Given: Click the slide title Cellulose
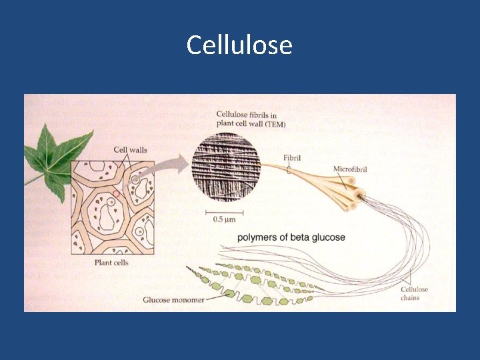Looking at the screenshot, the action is pyautogui.click(x=239, y=45).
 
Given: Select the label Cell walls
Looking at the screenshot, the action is pyautogui.click(x=130, y=150).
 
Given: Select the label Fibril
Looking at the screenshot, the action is pyautogui.click(x=292, y=159).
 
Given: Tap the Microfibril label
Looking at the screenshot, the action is pyautogui.click(x=350, y=170).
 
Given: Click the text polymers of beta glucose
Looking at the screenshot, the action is pyautogui.click(x=292, y=237).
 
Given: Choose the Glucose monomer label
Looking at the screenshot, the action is pyautogui.click(x=173, y=300).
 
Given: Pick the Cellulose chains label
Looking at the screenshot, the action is pyautogui.click(x=414, y=293).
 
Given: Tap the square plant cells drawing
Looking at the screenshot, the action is pyautogui.click(x=113, y=207).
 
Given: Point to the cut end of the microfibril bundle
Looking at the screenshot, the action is pyautogui.click(x=361, y=197).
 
